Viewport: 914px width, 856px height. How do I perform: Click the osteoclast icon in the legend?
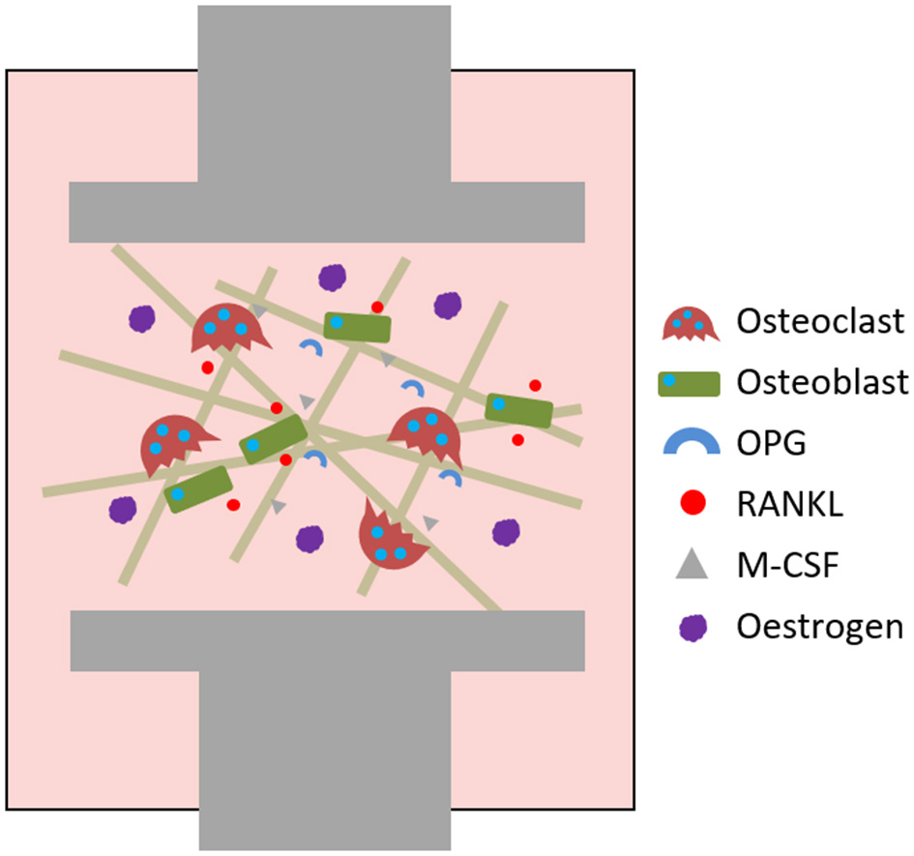693,324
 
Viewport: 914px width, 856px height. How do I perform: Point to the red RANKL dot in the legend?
693,503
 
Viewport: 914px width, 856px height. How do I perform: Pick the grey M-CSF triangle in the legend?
693,563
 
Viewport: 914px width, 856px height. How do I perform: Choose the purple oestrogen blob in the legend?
693,626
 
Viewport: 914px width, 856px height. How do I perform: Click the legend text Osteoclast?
819,321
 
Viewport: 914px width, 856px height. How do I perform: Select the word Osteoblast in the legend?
822,383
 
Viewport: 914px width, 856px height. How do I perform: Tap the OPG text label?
770,443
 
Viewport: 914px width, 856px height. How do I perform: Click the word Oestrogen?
819,627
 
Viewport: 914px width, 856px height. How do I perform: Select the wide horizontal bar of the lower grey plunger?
327,640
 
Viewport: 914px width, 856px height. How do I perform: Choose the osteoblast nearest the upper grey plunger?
357,327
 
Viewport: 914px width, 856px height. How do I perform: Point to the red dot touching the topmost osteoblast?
377,307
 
